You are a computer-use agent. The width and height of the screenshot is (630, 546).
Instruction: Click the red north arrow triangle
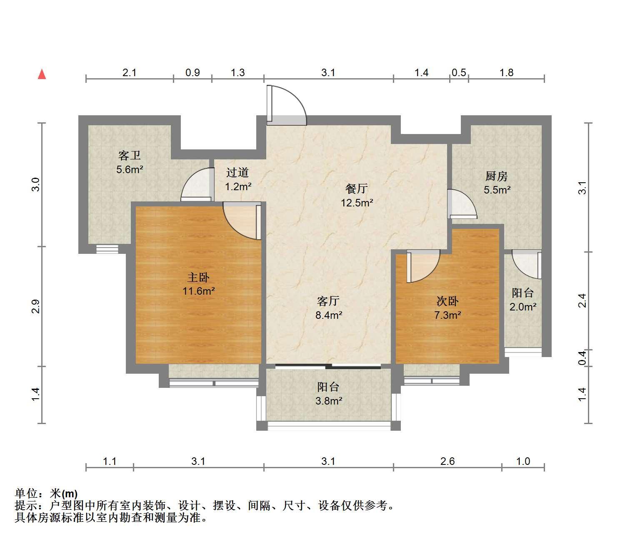pos(42,74)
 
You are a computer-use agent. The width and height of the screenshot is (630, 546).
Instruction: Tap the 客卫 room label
pos(130,156)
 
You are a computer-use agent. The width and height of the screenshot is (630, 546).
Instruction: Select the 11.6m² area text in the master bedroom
pos(199,291)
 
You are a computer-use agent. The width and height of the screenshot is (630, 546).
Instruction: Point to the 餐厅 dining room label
pos(357,189)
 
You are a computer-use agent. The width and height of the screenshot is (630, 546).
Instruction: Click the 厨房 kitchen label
pos(496,176)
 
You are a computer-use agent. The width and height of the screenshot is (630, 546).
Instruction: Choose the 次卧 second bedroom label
pos(447,301)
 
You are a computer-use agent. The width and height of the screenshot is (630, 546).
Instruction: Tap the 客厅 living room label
pos(328,301)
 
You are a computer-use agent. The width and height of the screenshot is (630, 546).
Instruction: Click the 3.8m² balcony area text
pos(329,401)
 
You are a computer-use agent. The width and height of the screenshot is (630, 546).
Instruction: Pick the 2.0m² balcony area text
pos(523,307)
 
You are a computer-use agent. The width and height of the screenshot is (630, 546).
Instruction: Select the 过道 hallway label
pos(237,172)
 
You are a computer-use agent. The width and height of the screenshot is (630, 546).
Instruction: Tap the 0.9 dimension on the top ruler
pos(192,72)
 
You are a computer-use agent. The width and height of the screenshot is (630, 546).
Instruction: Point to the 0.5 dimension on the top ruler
pos(459,72)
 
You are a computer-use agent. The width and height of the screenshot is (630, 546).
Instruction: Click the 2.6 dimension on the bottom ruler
pos(447,461)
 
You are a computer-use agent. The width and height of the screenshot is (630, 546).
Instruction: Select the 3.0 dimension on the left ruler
pos(36,184)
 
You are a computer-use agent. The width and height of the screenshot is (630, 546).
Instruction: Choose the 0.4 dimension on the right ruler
pos(582,358)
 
